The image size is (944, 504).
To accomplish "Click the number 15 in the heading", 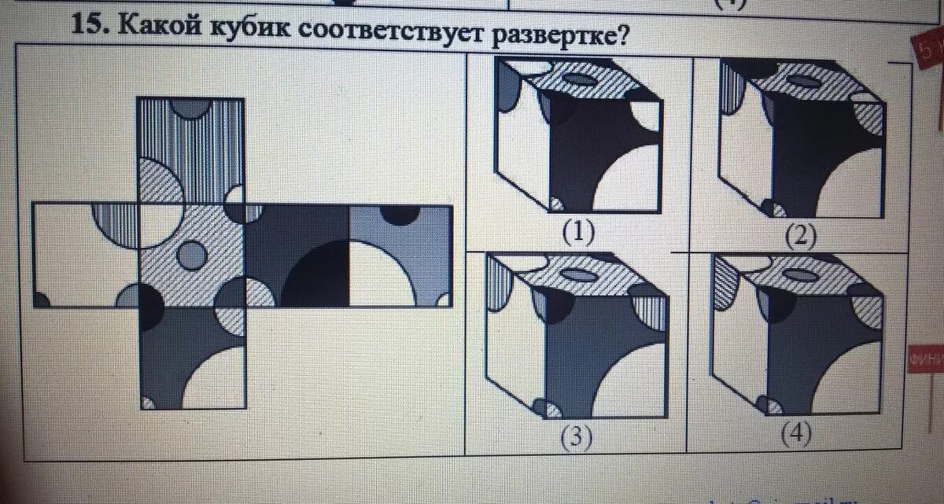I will pos(87,24).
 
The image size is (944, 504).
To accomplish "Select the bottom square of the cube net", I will pos(191,358).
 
